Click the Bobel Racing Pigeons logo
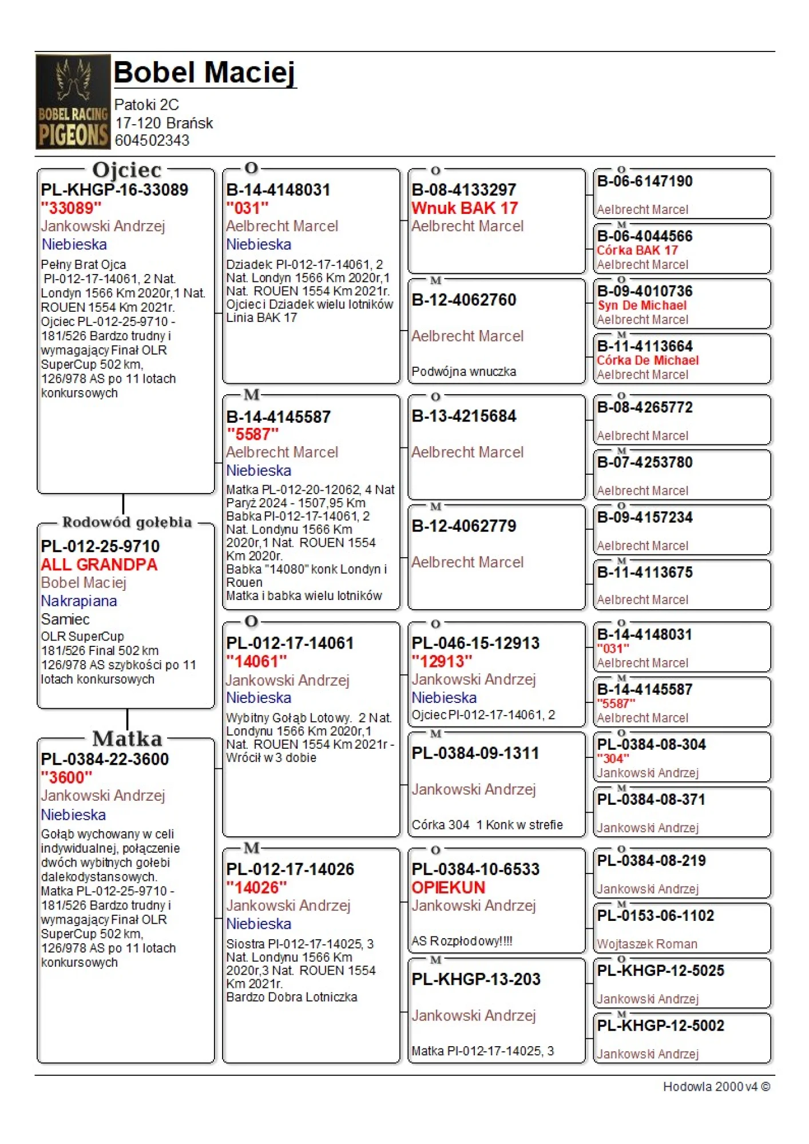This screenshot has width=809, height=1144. click(73, 102)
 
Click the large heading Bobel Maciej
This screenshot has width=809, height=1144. click(205, 73)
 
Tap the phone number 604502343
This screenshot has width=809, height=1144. click(152, 140)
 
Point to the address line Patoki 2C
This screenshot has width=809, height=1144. click(146, 105)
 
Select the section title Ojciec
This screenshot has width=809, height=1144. click(127, 170)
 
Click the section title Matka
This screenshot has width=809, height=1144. click(127, 738)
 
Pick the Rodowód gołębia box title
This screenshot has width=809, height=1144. click(127, 522)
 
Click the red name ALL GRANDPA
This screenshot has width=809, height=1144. click(99, 565)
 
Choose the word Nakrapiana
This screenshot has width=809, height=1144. click(79, 601)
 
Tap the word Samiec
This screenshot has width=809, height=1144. click(65, 619)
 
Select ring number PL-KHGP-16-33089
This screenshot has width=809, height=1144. click(114, 190)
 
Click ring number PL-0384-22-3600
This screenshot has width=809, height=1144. click(105, 760)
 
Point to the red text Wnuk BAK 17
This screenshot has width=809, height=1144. click(465, 208)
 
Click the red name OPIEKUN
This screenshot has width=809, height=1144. click(448, 888)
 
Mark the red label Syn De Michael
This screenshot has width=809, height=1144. click(642, 305)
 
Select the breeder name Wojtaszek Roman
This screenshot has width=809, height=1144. click(647, 944)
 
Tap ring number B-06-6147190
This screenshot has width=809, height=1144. click(645, 181)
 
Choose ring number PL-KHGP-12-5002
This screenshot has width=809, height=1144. click(661, 1026)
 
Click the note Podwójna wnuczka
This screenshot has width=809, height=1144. click(463, 372)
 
